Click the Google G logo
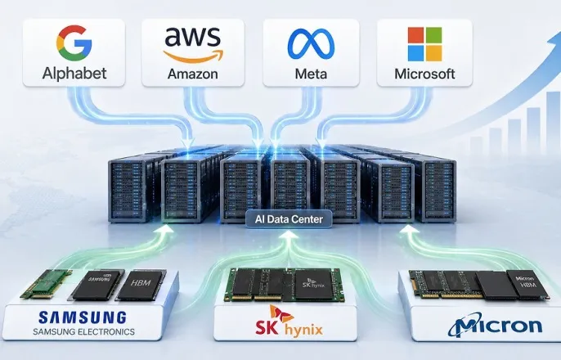tap(74, 43)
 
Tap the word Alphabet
tap(74, 74)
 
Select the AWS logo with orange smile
tap(193, 45)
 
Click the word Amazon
tap(193, 74)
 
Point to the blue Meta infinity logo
tap(311, 43)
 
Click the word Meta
tap(311, 74)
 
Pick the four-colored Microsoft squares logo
tap(424, 44)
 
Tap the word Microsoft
tap(424, 74)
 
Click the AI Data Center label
tap(289, 219)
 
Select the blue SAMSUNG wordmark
tap(83, 317)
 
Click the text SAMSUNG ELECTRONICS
tap(83, 331)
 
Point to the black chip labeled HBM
tap(141, 285)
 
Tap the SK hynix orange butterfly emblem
tap(280, 314)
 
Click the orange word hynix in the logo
tap(303, 329)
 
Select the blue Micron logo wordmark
tap(495, 325)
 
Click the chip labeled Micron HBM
tap(527, 285)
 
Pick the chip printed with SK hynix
tap(314, 285)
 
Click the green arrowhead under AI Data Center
tap(289, 234)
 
